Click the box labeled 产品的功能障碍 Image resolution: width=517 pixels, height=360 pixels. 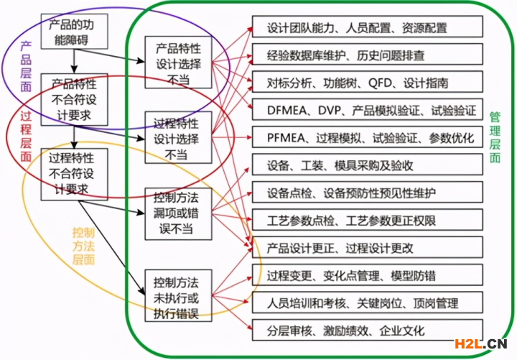coord(75,32)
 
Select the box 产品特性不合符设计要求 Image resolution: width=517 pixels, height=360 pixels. coord(75,99)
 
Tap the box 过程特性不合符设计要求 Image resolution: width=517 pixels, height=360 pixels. coord(75,174)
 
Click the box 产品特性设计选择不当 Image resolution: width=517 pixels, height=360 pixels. coord(178,63)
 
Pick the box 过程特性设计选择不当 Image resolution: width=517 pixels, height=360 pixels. coord(178,137)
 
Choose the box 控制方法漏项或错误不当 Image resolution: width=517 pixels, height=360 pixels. coord(178,214)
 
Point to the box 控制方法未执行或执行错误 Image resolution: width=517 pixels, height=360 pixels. coord(178,295)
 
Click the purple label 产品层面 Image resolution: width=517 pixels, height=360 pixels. coord(26,67)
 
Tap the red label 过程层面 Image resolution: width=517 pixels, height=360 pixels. coord(26,137)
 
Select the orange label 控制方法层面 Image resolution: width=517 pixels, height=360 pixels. coord(83,246)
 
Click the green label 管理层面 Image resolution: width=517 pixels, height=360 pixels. coord(495,137)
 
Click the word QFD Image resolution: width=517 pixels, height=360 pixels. coord(380,83)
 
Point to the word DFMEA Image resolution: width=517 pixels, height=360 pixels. coord(287,110)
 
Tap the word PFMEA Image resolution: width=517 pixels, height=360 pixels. coord(286,138)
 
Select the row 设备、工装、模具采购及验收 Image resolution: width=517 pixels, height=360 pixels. coord(368,165)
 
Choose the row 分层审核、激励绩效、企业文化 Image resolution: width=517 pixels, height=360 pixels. coord(368,330)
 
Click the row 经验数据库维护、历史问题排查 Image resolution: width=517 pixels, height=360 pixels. coord(368,54)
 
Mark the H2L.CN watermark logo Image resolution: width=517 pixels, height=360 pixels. coord(480,343)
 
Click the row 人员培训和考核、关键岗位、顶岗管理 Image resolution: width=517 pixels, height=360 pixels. coord(368,303)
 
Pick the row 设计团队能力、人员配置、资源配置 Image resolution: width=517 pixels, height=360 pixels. coord(368,27)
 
